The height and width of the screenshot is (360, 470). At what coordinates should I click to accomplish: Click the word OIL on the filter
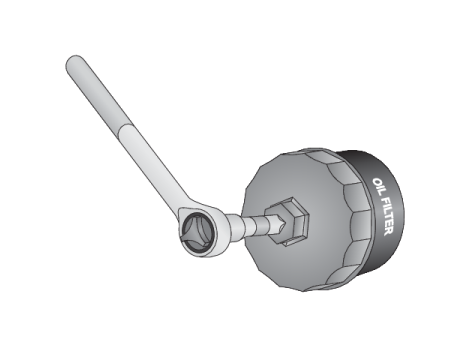coord(377,188)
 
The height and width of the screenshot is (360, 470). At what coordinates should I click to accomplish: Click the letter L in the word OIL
coord(379,194)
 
